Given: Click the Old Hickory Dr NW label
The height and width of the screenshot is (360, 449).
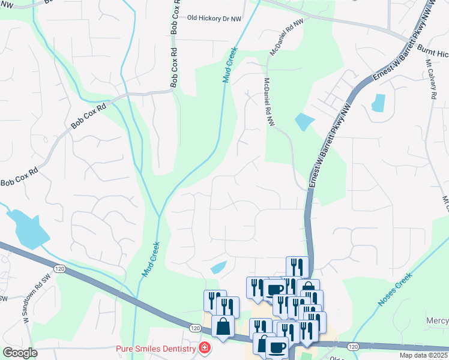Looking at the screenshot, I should click(214, 19).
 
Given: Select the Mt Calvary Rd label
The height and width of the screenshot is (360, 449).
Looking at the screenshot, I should click(432, 79).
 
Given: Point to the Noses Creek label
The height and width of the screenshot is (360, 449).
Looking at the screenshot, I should click(394, 289).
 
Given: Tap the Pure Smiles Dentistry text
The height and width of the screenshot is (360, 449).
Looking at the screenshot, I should click(155, 349).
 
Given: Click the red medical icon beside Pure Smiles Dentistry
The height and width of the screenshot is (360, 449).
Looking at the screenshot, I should click(205, 348).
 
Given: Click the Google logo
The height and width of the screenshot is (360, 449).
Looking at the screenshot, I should click(20, 353).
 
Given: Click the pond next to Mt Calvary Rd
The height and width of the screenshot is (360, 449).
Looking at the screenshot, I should click(378, 103).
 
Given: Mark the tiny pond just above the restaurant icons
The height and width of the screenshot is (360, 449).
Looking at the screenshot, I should click(218, 268).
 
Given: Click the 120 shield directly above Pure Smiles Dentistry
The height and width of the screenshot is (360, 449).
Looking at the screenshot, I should click(194, 328).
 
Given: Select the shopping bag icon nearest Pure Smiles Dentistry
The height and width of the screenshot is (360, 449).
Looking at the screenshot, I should click(223, 327).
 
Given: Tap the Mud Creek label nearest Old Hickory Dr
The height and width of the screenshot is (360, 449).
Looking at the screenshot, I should click(230, 65).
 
